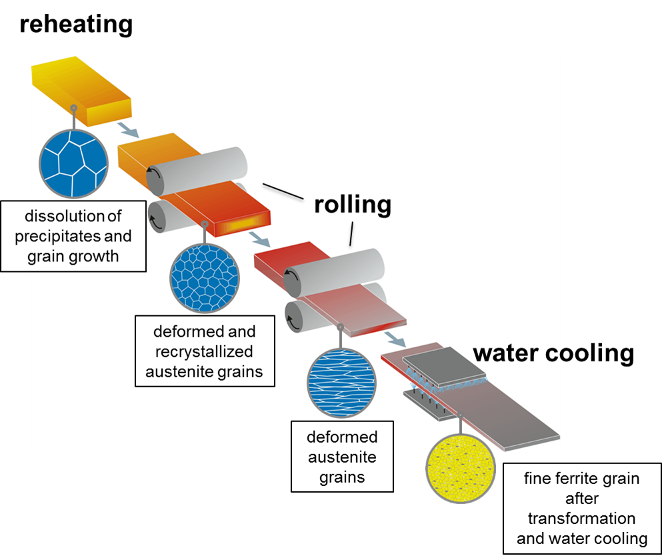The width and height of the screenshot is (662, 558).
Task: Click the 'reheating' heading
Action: (76, 25)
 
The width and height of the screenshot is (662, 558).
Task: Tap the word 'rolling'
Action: (352, 205)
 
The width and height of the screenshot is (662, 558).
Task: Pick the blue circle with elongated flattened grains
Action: (341, 383)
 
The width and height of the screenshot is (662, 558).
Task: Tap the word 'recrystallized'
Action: (204, 351)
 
